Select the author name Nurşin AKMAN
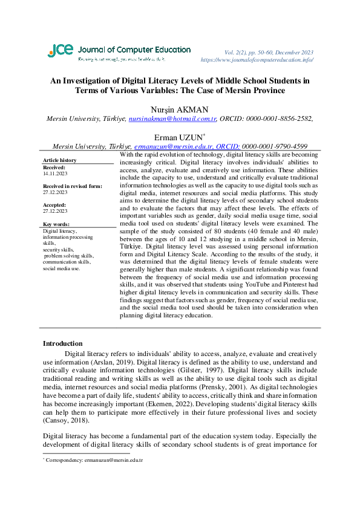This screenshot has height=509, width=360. point(180,109)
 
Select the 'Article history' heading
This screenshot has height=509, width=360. point(60,160)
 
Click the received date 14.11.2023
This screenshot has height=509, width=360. point(55,173)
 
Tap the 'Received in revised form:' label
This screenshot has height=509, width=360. point(72,186)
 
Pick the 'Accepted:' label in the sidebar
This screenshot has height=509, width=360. point(54,205)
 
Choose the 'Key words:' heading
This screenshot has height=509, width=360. point(57,224)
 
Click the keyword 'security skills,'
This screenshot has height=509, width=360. point(59,249)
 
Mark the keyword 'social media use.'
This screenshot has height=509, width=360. point(61,268)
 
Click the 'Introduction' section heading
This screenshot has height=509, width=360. point(62,343)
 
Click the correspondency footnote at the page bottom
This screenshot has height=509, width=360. point(94,461)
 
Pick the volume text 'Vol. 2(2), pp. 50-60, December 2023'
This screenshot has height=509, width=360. point(269,53)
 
